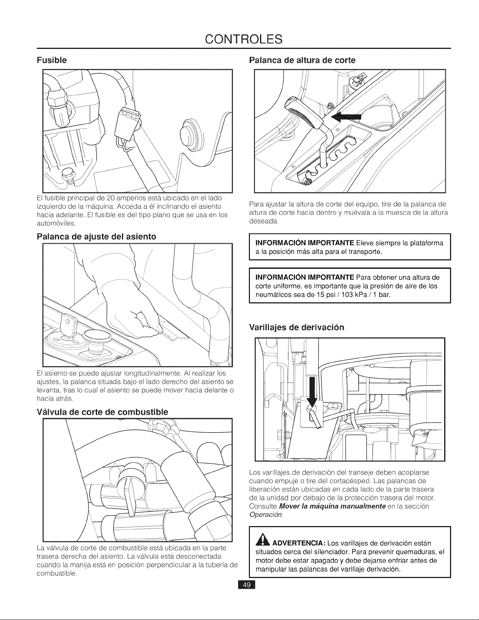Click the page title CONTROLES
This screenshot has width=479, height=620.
click(244, 39)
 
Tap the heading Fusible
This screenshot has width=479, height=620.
click(52, 60)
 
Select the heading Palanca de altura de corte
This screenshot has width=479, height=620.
click(302, 60)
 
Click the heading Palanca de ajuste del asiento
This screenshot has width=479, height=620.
click(96, 237)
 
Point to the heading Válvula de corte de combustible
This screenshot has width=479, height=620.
click(102, 412)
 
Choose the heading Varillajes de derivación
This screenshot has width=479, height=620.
click(296, 327)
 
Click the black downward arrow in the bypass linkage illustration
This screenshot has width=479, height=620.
click(313, 392)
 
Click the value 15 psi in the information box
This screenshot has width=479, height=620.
click(325, 295)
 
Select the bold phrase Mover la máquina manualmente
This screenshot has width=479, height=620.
click(332, 506)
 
